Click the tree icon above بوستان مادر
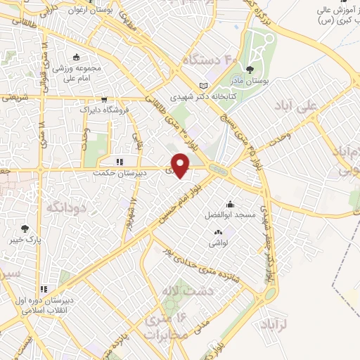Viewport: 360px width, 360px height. tap(251, 69)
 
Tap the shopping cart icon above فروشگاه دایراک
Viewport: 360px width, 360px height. tap(105, 100)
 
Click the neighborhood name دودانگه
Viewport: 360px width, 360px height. tap(65, 207)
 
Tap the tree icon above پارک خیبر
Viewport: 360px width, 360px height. tap(25, 227)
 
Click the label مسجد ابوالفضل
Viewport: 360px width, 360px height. tap(229, 213)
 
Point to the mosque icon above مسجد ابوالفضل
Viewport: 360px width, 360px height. tap(230, 204)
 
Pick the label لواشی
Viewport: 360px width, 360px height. tap(217, 243)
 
